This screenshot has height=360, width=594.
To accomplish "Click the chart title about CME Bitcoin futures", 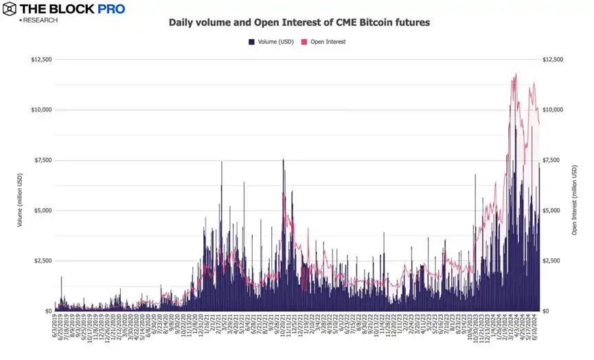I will coord(299,23).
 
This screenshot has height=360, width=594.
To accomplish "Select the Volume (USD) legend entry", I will coord(271,42).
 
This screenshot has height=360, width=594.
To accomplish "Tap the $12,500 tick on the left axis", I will coord(41,60).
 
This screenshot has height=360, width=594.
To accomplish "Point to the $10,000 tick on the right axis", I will coord(553,110).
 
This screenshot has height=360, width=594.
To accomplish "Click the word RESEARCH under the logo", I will coord(40,21).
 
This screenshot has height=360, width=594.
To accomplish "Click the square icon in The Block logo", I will coord(10,9).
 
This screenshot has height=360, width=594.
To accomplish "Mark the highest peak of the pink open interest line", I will coord(516,74).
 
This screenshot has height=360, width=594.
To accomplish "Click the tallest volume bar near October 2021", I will coord(283,159).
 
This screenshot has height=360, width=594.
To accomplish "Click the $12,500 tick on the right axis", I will coord(553,60).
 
